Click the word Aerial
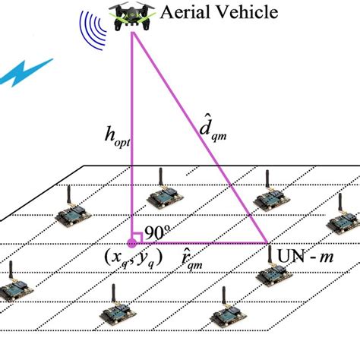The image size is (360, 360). (x=185, y=11)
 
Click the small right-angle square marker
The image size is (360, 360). (x=138, y=238)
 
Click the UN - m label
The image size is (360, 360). (x=304, y=258)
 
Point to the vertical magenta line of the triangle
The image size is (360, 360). (x=132, y=137)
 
